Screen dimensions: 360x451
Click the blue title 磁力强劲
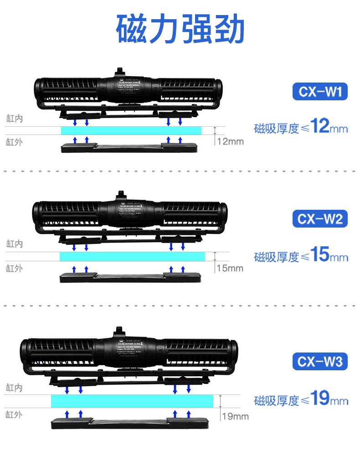pos(180,28)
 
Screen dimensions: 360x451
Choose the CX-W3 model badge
pos(320,362)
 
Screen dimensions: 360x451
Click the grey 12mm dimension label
pos(230,141)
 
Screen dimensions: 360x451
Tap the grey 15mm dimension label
pos(230,268)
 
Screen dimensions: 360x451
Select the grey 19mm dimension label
pos(235,416)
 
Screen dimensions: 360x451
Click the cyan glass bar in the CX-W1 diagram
pos(131,131)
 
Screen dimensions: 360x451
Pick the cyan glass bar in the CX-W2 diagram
pos(132,256)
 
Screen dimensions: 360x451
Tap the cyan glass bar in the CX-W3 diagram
pos(132,401)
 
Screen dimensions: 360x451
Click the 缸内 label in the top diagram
pos(15,119)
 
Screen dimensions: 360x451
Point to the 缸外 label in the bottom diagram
pos(15,415)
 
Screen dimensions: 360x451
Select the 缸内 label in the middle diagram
pos(15,244)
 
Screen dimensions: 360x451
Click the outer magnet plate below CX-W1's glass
pos(129,148)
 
